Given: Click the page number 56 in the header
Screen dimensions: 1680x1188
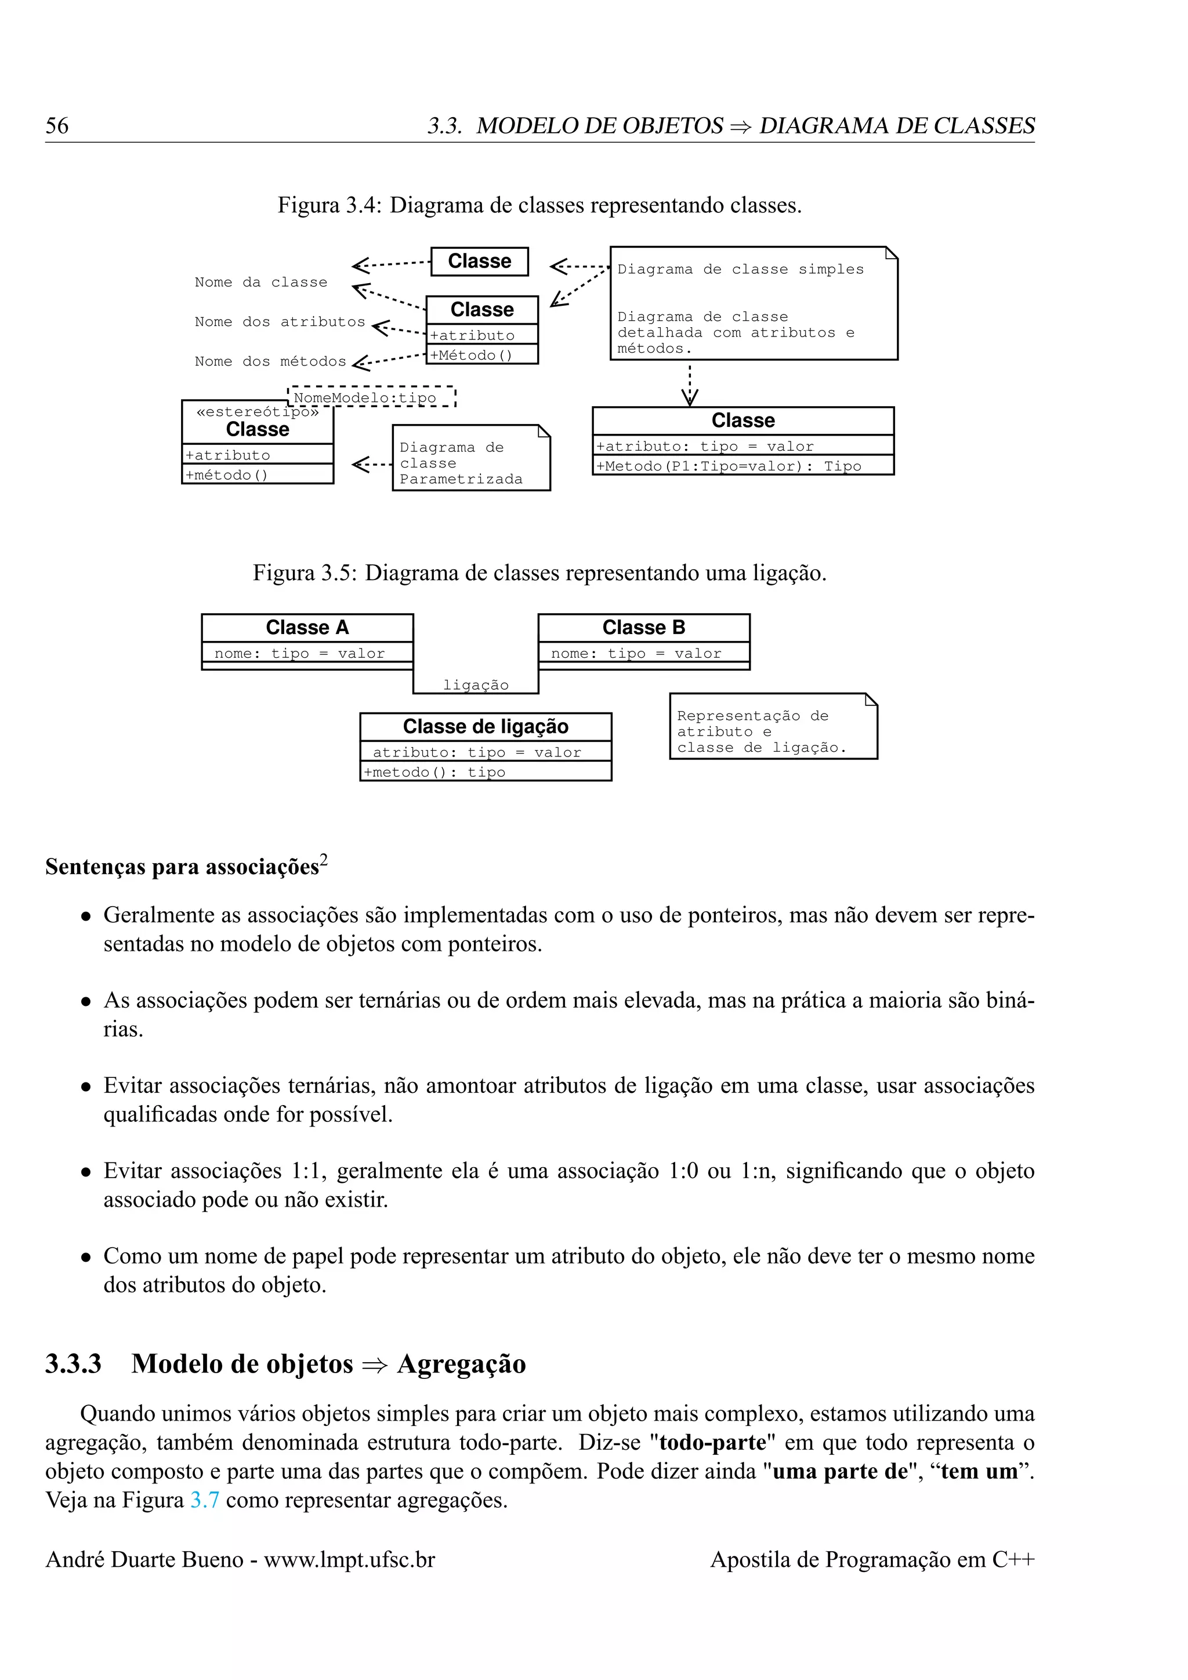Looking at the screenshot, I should click(57, 125).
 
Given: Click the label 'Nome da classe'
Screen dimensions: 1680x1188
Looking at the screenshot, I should click(260, 283).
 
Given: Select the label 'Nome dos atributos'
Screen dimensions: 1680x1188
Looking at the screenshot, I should click(280, 322).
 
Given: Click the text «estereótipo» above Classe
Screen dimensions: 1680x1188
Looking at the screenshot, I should click(258, 412).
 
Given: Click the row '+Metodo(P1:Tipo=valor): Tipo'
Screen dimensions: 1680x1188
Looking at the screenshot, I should click(728, 466).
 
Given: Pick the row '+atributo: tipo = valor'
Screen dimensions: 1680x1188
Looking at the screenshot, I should click(704, 446).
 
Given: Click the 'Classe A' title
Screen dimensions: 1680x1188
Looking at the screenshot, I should click(307, 628).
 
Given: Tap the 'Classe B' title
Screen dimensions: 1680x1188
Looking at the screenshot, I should click(644, 628).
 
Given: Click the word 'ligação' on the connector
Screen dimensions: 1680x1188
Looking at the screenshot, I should click(476, 685).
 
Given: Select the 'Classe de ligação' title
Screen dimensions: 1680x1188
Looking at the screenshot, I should click(485, 726).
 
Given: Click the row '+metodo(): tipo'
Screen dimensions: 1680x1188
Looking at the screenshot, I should click(434, 772).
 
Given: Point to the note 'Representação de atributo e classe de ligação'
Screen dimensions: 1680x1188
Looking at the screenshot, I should click(773, 730).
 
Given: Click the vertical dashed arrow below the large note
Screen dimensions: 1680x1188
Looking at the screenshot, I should click(689, 383).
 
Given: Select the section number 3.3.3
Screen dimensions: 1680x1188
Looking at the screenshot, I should click(73, 1364).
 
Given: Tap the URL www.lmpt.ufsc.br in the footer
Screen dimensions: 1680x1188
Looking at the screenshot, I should click(349, 1559).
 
